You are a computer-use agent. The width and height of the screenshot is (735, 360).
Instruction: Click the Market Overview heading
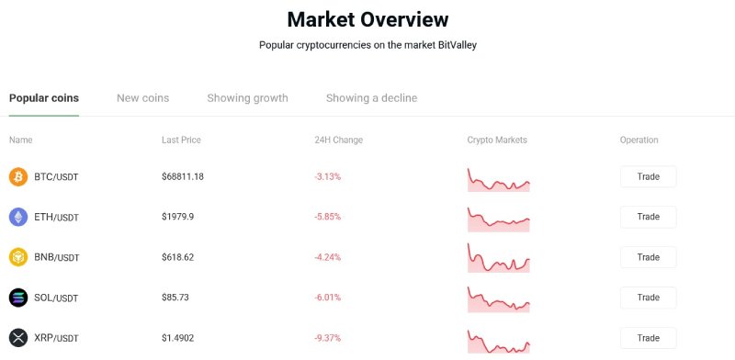tap(367, 19)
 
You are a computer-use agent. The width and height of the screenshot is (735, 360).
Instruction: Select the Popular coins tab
tap(44, 98)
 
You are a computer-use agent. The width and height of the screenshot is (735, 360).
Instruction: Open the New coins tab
tap(142, 98)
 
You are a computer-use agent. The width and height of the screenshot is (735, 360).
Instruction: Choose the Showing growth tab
tap(247, 98)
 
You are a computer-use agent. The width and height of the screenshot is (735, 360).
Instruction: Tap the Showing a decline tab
tap(371, 98)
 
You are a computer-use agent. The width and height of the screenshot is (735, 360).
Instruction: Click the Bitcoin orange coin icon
tap(18, 176)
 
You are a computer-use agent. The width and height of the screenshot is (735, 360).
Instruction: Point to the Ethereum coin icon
tap(18, 217)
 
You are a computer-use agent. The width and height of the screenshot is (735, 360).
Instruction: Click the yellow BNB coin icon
tap(18, 257)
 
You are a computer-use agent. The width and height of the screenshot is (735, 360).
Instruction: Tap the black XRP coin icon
tap(18, 338)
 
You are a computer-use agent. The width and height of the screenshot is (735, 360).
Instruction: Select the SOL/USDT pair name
tap(56, 298)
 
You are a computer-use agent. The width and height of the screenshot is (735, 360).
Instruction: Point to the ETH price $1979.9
tap(178, 217)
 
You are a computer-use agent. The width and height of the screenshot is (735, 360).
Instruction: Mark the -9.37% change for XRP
tap(328, 338)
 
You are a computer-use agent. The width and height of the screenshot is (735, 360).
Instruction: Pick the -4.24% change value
tap(328, 257)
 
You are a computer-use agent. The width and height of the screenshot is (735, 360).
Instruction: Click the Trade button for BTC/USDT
tap(648, 176)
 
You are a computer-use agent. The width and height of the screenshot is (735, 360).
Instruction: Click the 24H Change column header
tap(338, 141)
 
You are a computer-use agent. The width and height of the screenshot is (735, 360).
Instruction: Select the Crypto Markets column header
tap(497, 141)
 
